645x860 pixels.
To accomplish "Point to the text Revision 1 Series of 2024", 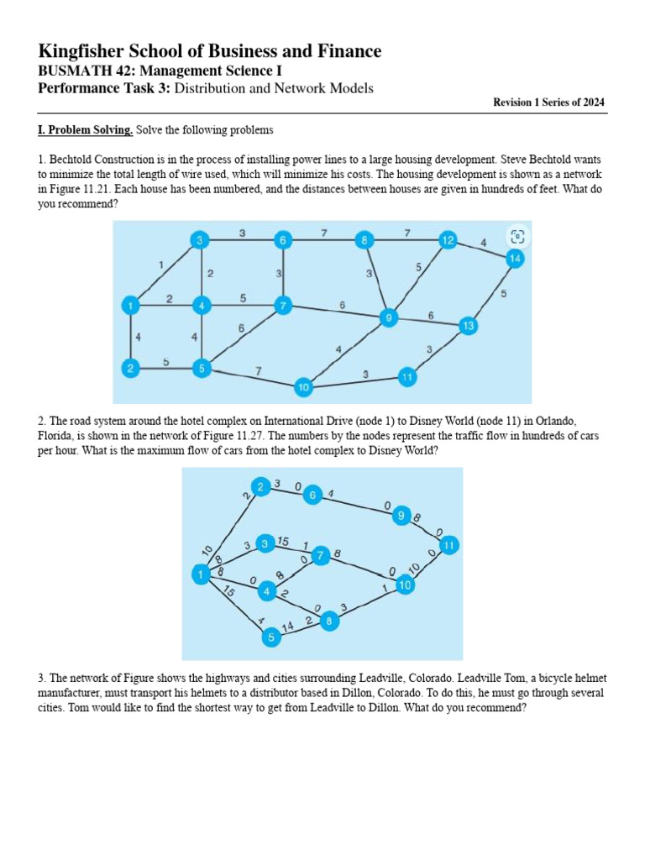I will coord(548,102).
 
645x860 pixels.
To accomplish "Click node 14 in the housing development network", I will coord(515,260).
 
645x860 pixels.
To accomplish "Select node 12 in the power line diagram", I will coord(448,241).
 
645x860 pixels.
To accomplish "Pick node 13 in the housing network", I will coord(468,325).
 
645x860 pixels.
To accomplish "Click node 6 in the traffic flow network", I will coord(312,496).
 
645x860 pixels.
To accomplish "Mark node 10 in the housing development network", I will coord(303,387).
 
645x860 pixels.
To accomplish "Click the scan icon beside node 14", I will coord(517,236).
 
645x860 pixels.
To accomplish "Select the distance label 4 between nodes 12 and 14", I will coord(483,244).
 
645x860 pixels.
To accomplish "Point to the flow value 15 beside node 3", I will coord(283,541).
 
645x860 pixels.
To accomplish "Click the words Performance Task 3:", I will coord(105,88).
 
